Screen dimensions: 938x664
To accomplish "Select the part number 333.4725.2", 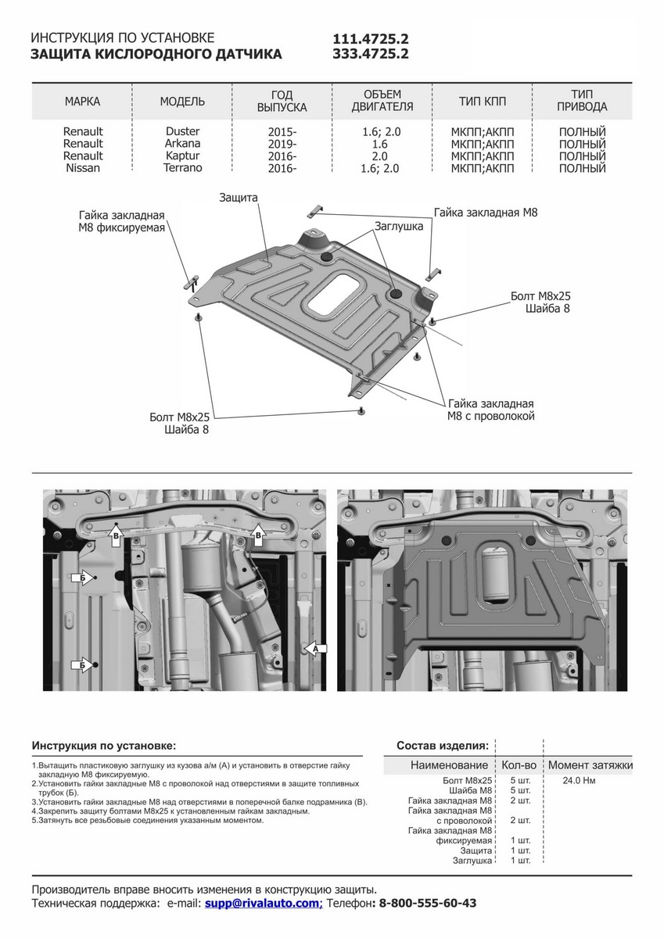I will (371, 54).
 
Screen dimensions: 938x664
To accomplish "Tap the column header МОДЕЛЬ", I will (182, 102).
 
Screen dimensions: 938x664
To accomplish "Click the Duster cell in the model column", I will (182, 132).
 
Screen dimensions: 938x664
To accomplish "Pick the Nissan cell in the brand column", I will (83, 168).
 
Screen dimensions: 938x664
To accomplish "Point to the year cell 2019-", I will (282, 145).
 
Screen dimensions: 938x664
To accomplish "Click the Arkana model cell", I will (182, 144).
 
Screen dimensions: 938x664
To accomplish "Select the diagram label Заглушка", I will (398, 227).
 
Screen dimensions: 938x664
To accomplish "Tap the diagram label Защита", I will (239, 199).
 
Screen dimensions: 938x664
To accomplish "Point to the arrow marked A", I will (314, 648).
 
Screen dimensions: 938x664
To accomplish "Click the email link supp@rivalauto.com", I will (263, 903).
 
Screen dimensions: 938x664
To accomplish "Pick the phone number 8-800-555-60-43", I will (427, 903).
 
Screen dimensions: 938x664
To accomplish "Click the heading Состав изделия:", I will (443, 745).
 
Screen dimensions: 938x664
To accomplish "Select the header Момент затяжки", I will (590, 765).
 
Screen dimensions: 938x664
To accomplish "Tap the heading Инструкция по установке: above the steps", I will (104, 745).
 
